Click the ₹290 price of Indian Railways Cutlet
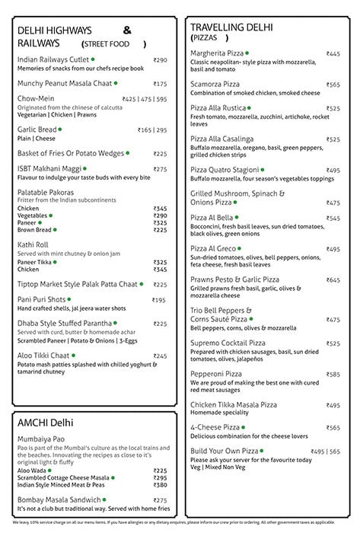(x=160, y=60)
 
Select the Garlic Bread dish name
(x=37, y=130)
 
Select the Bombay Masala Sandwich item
(x=61, y=499)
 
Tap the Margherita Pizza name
(x=217, y=54)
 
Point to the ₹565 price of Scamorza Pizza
(x=333, y=85)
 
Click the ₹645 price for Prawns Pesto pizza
(x=333, y=280)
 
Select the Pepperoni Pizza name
(x=216, y=375)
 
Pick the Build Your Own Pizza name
(x=225, y=452)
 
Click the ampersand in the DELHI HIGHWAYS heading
(x=127, y=30)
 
